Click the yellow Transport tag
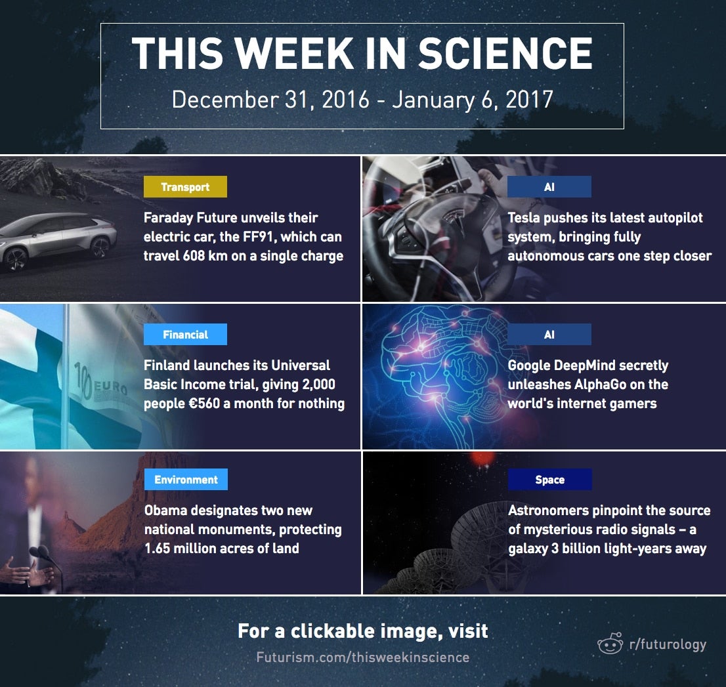(185, 186)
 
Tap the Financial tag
(185, 334)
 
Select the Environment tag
(186, 479)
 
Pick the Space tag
(549, 479)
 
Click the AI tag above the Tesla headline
(549, 186)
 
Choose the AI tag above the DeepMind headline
(549, 334)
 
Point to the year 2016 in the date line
(345, 100)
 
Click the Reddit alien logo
(610, 644)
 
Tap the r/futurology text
(668, 644)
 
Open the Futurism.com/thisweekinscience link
(362, 657)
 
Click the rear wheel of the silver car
(100, 247)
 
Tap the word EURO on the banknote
(111, 386)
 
